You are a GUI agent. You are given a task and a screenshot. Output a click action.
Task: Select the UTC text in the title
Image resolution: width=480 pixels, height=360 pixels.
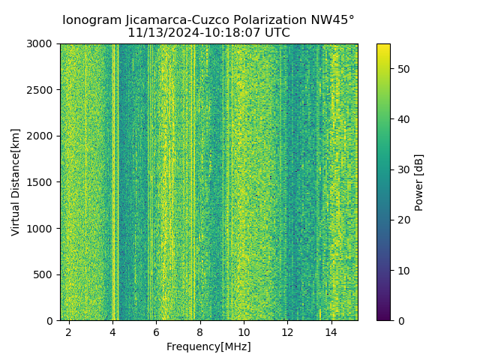[x=276, y=33]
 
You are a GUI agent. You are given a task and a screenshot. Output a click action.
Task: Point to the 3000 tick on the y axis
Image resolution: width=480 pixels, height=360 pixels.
[x=42, y=44]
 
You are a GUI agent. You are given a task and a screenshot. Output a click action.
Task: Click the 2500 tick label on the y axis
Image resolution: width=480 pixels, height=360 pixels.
[x=42, y=90]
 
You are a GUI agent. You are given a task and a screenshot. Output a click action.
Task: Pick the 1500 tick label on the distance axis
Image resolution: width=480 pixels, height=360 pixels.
[x=42, y=182]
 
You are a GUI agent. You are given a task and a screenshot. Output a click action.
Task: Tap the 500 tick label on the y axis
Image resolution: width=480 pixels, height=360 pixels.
[x=45, y=274]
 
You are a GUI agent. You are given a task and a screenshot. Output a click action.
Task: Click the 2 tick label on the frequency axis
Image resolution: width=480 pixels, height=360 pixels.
[x=69, y=331]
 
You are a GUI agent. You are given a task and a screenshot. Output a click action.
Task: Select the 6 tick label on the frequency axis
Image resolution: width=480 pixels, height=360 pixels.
[x=156, y=331]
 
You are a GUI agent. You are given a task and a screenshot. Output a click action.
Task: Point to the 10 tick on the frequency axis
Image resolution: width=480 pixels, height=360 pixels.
[x=244, y=331]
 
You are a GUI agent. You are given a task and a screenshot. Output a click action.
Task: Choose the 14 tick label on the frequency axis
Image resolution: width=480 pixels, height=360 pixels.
[x=331, y=331]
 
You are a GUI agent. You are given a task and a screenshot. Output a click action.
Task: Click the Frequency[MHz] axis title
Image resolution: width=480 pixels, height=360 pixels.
[x=208, y=346]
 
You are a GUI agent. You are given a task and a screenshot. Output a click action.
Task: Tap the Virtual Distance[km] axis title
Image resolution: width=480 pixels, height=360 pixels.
[x=16, y=182]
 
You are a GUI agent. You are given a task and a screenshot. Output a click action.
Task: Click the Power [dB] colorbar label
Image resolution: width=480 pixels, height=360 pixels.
[x=419, y=182]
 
